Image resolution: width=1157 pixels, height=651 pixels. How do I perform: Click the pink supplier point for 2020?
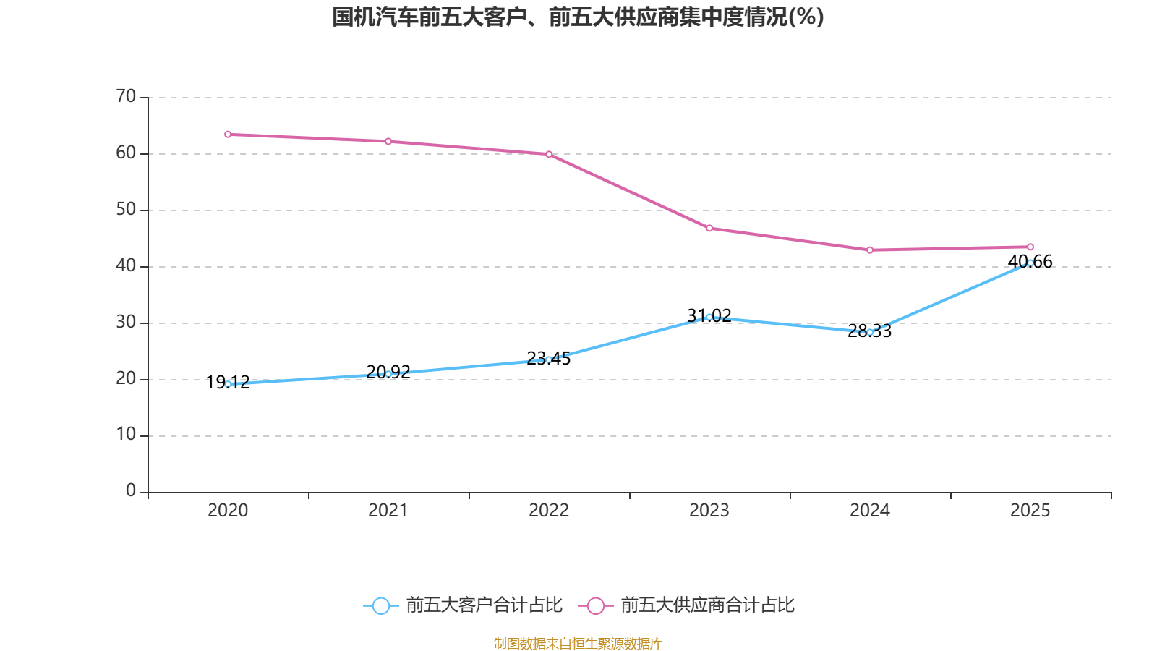pos(228,135)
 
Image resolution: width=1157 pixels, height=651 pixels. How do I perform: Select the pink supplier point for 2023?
pos(709,229)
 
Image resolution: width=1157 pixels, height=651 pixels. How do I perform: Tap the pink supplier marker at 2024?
pos(870,250)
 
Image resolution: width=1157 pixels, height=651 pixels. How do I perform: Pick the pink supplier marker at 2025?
pos(1030,247)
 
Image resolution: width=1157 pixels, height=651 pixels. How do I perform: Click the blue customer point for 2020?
pos(228,384)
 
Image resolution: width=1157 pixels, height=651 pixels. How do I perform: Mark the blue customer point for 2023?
pos(709,317)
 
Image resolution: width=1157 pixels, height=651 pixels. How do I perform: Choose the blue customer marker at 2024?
pos(870,332)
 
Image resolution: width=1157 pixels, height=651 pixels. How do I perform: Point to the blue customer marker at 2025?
pos(1030,263)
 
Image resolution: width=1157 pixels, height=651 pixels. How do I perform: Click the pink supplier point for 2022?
pos(549,154)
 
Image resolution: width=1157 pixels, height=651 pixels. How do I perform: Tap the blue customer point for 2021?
pos(388,374)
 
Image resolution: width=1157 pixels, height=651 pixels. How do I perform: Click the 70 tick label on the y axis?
pos(126,96)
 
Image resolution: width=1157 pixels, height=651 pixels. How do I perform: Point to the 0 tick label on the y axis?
pos(131,491)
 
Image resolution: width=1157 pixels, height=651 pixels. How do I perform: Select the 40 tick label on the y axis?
pos(126,265)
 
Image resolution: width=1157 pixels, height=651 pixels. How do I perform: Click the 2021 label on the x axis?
pos(388,511)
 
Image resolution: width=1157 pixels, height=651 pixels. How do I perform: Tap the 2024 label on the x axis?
pos(870,511)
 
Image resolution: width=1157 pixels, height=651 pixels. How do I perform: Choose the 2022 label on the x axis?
pos(549,511)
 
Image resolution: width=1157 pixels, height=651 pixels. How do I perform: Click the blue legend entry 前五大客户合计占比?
pos(463,605)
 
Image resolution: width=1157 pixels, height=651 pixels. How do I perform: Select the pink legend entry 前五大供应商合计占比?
pos(687,605)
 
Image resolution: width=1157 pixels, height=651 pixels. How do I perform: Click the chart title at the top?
pos(578,17)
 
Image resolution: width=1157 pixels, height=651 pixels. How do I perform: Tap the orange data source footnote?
pos(578,643)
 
